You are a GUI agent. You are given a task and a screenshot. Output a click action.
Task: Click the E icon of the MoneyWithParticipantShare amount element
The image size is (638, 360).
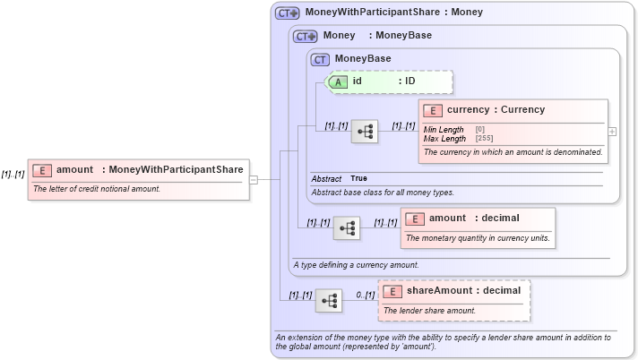pos(42,169)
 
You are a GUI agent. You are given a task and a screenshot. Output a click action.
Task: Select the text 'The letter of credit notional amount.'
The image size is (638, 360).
pos(96,189)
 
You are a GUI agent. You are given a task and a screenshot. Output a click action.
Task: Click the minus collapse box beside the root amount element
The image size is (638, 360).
pos(254,179)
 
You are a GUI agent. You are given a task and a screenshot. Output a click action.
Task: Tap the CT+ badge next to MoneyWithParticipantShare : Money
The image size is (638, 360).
pos(288,13)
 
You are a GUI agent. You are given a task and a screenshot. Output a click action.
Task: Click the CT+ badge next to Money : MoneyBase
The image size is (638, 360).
pos(306,36)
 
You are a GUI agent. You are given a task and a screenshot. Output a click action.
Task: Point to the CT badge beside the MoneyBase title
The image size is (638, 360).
pos(320,59)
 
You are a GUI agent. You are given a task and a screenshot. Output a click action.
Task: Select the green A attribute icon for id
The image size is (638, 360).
pos(339,81)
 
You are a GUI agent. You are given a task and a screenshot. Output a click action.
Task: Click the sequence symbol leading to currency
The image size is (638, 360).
pos(364,132)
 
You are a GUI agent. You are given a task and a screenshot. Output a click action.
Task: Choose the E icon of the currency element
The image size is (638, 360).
pos(433,110)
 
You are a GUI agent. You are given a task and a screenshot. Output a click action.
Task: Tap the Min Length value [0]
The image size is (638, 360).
pos(480,131)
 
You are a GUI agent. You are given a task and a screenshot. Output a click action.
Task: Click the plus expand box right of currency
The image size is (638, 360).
pos(612,132)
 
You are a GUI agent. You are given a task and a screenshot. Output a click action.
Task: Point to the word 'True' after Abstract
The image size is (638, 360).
pos(358,178)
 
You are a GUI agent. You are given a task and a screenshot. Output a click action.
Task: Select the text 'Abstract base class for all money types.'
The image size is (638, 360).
pos(383,193)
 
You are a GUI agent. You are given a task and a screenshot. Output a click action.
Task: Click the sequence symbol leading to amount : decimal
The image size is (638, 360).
pos(346,228)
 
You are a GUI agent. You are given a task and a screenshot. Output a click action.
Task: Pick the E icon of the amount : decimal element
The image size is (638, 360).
pos(415,219)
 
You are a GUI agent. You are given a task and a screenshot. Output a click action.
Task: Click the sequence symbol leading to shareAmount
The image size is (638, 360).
pos(328,301)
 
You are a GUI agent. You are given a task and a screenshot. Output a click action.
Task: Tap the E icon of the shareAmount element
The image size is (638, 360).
pos(393,291)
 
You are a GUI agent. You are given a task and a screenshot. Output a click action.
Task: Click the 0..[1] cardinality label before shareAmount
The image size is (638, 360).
pos(365,295)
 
